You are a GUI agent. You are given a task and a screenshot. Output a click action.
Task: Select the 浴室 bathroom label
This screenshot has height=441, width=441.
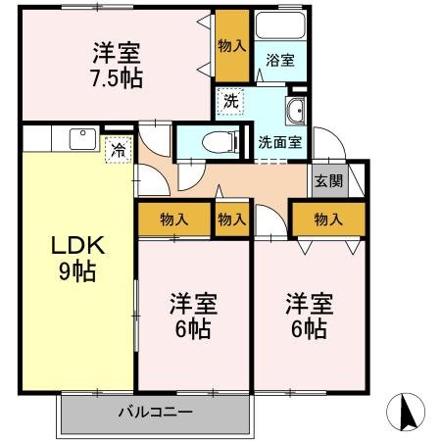pos(280,59)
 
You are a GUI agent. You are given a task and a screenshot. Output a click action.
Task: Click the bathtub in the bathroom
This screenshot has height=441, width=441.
pos(280,28)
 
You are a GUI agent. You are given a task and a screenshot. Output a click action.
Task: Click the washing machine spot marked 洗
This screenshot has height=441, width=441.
pos(230,101)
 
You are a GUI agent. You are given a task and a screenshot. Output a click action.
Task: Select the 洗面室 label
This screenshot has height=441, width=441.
pos(280,141)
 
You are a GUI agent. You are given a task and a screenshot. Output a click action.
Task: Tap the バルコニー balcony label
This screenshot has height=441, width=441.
pos(151,413)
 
